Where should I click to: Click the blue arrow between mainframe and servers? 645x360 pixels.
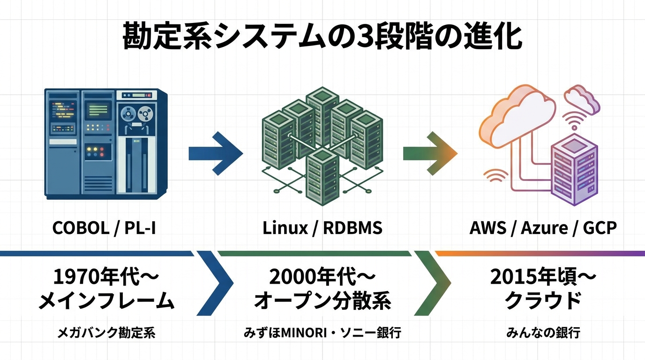click(x=215, y=153)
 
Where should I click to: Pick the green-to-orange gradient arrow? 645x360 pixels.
click(x=429, y=153)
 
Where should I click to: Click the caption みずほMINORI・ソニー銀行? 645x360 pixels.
click(x=322, y=333)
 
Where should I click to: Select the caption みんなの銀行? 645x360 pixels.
click(x=543, y=333)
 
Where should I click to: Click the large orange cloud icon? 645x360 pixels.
click(x=516, y=115)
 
